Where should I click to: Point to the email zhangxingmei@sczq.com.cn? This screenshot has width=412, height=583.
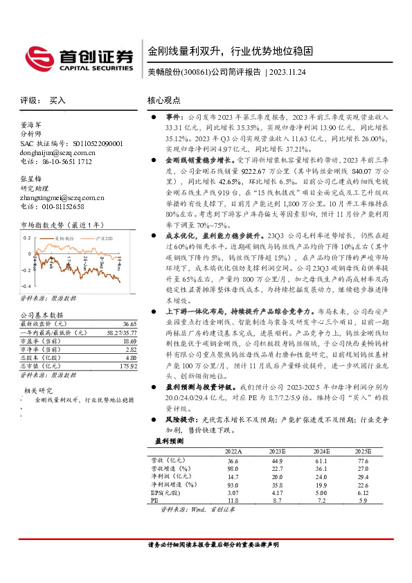(x=62, y=197)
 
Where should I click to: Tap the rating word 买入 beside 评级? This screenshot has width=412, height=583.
(x=57, y=100)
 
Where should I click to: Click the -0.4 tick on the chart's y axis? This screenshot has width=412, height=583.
(x=26, y=286)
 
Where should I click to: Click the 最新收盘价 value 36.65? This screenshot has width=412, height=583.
(x=130, y=324)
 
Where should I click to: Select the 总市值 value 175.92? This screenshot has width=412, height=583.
(x=129, y=366)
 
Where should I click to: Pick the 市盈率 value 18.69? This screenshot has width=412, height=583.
(x=130, y=341)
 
